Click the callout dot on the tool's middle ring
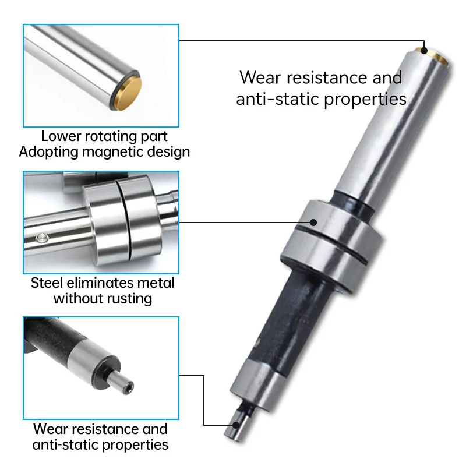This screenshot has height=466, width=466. tap(313, 221)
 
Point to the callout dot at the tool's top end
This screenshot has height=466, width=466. tap(424, 51)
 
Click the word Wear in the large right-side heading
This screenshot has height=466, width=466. tap(260, 77)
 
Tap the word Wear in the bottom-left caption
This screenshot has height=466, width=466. tap(51, 429)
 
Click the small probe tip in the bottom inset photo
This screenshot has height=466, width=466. tap(125, 385)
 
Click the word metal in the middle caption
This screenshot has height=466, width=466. tap(157, 283)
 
